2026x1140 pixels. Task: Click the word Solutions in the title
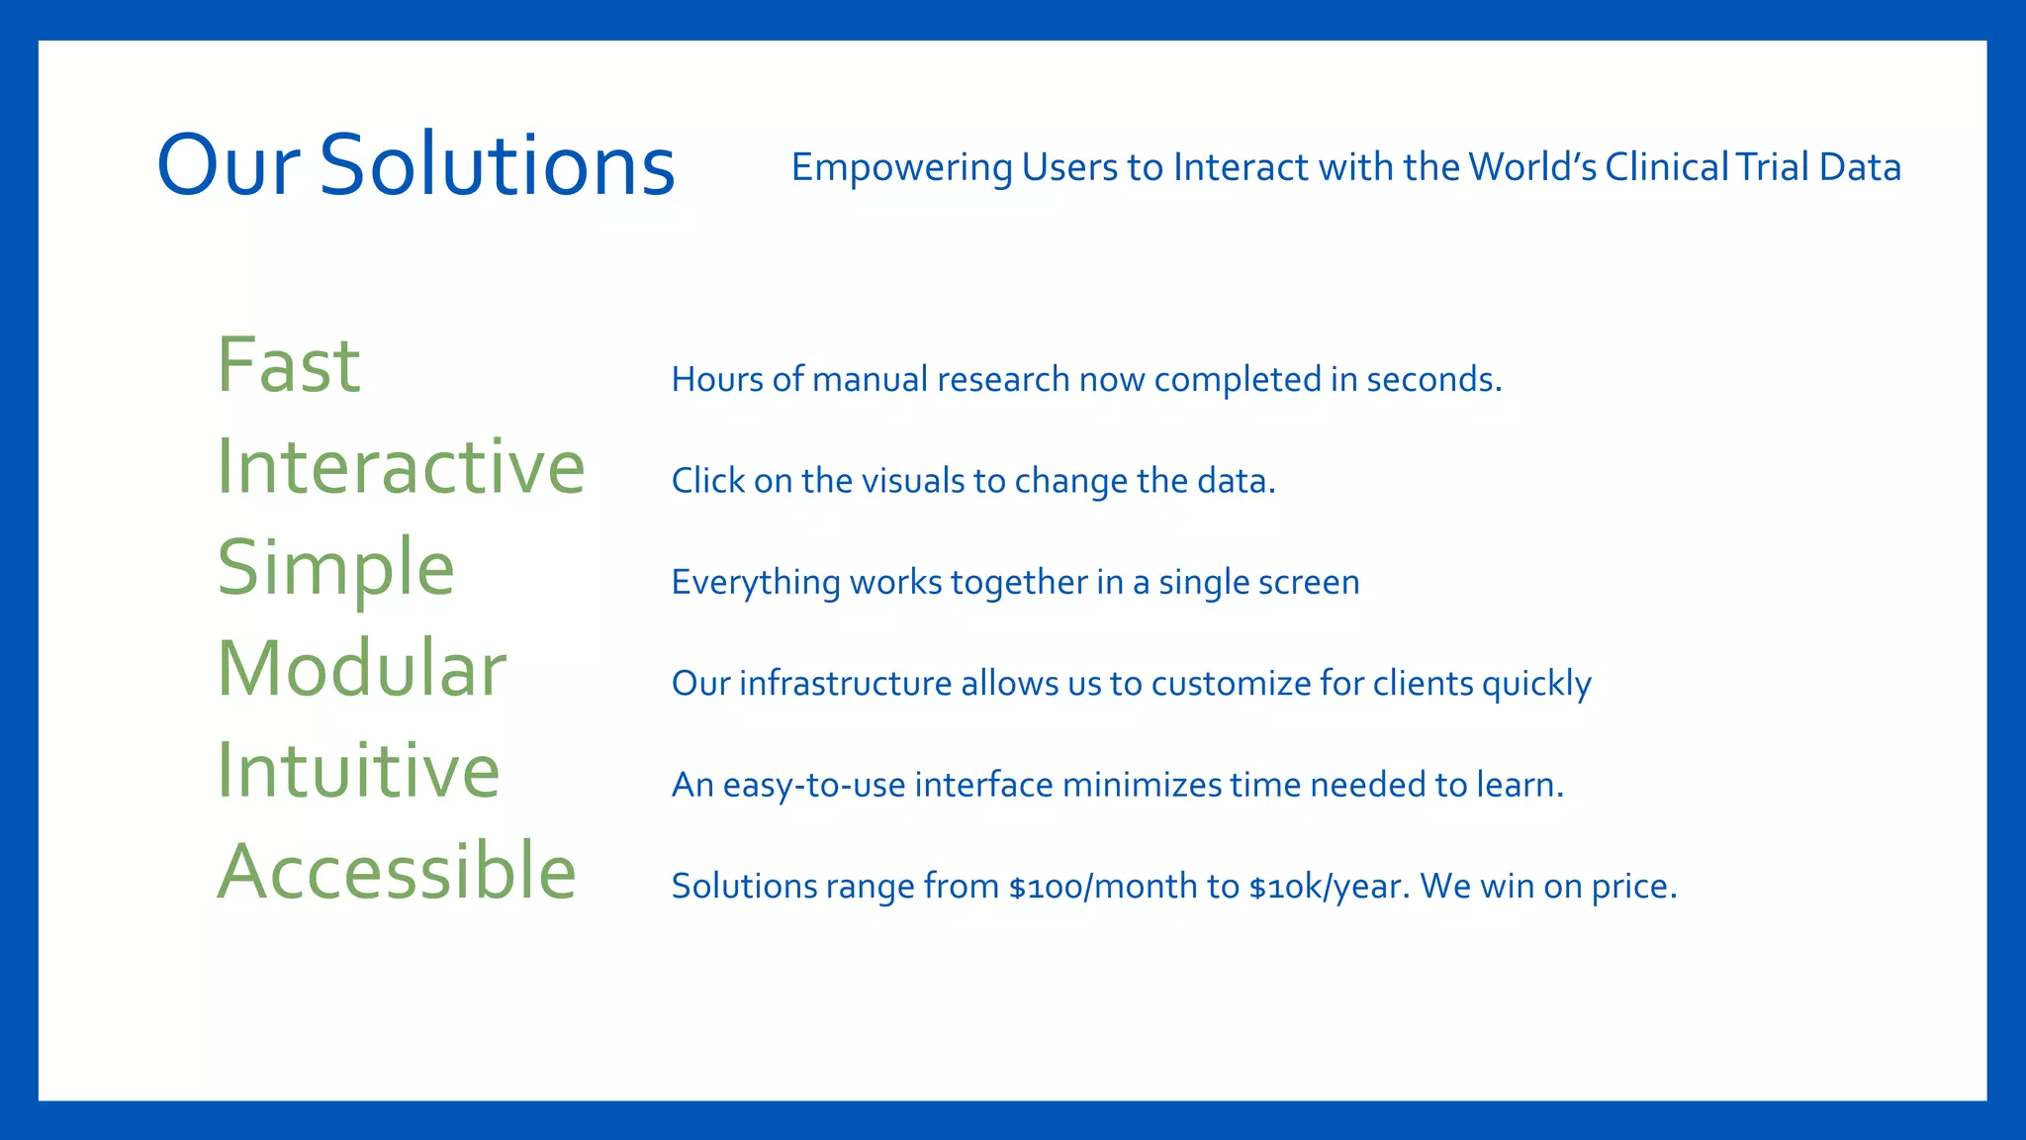point(497,164)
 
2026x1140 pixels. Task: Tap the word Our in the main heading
point(228,164)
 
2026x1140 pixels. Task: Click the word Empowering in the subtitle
point(901,167)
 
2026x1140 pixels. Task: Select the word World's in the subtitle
point(1532,166)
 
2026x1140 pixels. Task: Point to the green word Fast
point(288,365)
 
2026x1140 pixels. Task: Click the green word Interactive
point(401,466)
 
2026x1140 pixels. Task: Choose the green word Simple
point(335,568)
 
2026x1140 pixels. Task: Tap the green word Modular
point(361,669)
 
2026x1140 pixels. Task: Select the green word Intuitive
point(358,770)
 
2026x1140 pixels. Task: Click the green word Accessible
point(396,872)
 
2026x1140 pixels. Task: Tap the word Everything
point(755,582)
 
